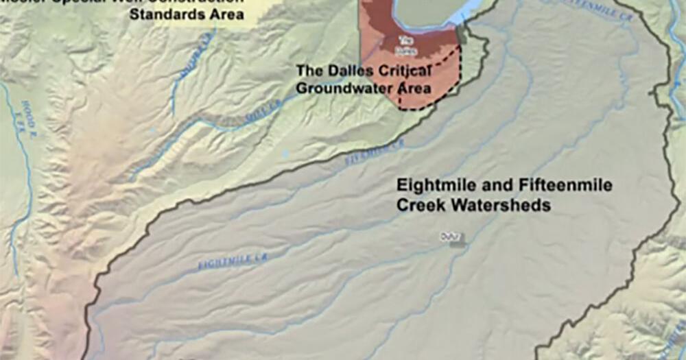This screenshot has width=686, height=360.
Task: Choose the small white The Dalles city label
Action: click(x=406, y=45)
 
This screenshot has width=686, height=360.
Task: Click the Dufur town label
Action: click(x=448, y=237)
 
